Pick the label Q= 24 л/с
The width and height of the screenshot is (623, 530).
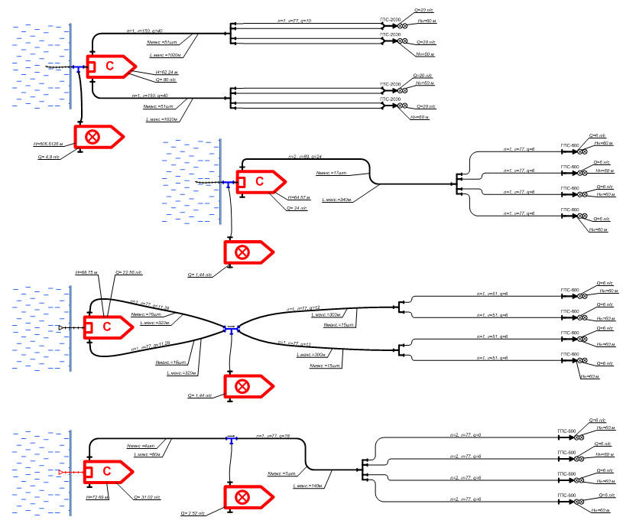pyautogui.click(x=297, y=208)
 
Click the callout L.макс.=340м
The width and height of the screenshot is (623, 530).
pyautogui.click(x=336, y=200)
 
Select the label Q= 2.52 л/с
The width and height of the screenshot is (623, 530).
pyautogui.click(x=194, y=513)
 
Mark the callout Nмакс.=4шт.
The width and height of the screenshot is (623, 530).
pyautogui.click(x=141, y=446)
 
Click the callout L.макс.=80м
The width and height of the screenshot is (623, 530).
pyautogui.click(x=146, y=455)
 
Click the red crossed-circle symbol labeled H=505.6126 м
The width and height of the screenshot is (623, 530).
pyautogui.click(x=94, y=137)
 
